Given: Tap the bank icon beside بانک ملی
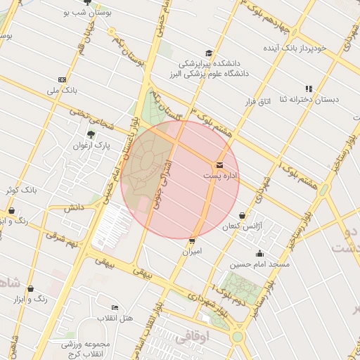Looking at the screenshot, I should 62,79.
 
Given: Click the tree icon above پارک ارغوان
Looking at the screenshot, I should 91,134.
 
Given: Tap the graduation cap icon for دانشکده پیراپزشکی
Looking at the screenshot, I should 208,53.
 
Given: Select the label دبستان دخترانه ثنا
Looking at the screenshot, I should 307,99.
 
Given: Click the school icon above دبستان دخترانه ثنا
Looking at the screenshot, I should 309,89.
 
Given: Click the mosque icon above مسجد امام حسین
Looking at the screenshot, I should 259,254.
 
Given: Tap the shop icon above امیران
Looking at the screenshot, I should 193,240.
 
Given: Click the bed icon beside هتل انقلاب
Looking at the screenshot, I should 115,308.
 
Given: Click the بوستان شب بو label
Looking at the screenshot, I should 84,13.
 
